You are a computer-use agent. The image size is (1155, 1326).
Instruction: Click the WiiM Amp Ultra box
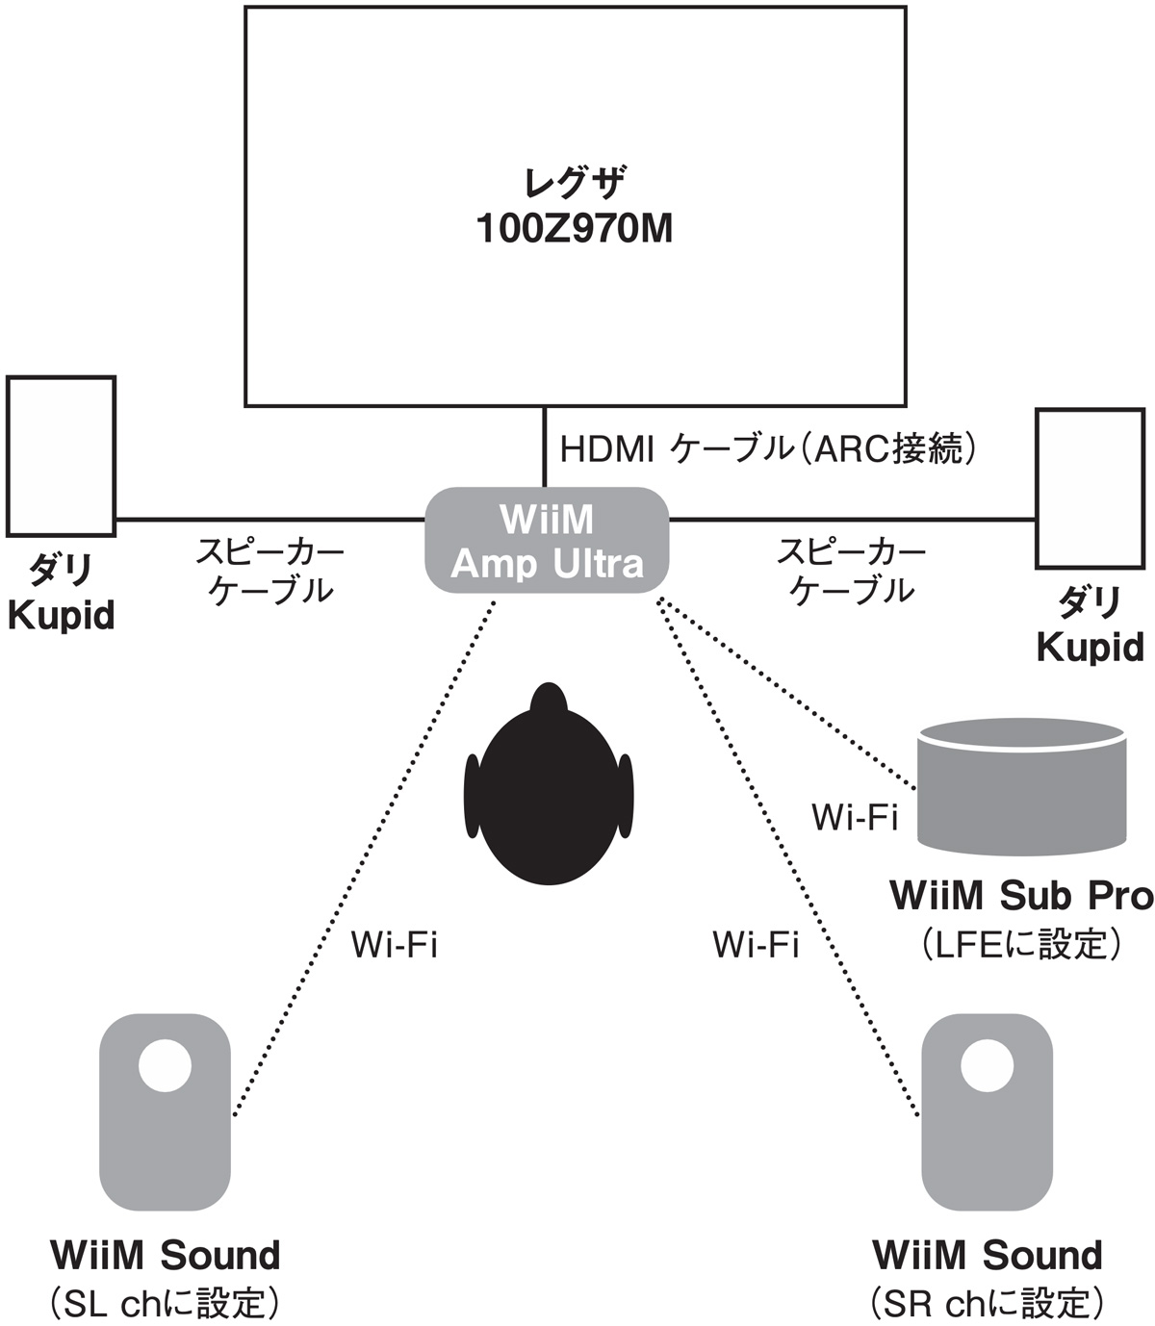point(547,540)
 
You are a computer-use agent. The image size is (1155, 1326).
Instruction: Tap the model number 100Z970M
point(575,230)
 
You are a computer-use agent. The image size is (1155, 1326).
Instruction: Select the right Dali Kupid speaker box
point(1090,488)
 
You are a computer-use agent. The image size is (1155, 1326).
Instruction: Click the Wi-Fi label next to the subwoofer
point(855,817)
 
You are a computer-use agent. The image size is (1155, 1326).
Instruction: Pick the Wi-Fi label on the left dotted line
point(394,945)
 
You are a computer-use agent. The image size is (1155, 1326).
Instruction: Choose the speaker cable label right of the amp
point(851,571)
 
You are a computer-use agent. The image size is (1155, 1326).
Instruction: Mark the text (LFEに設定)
point(1020,944)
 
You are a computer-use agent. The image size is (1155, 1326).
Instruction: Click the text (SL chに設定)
point(165,1303)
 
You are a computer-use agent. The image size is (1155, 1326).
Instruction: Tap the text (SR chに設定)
point(987,1303)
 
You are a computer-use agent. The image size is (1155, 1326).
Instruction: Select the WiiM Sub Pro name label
point(1021,895)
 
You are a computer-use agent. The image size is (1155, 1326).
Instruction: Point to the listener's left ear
point(472,795)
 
